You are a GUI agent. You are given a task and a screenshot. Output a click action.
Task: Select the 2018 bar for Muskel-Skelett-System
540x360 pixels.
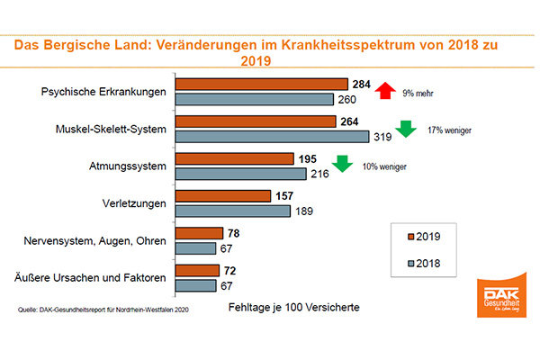tap(272, 136)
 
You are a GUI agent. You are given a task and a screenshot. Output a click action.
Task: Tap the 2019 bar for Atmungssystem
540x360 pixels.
tap(233, 158)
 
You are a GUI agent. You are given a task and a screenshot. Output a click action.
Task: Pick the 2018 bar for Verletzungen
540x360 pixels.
tap(232, 211)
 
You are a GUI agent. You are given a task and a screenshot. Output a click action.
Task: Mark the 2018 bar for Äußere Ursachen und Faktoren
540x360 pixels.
tap(195, 285)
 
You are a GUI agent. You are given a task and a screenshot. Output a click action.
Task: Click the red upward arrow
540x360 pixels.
tap(385, 91)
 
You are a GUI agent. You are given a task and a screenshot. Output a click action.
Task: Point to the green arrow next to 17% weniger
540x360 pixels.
tap(405, 129)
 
